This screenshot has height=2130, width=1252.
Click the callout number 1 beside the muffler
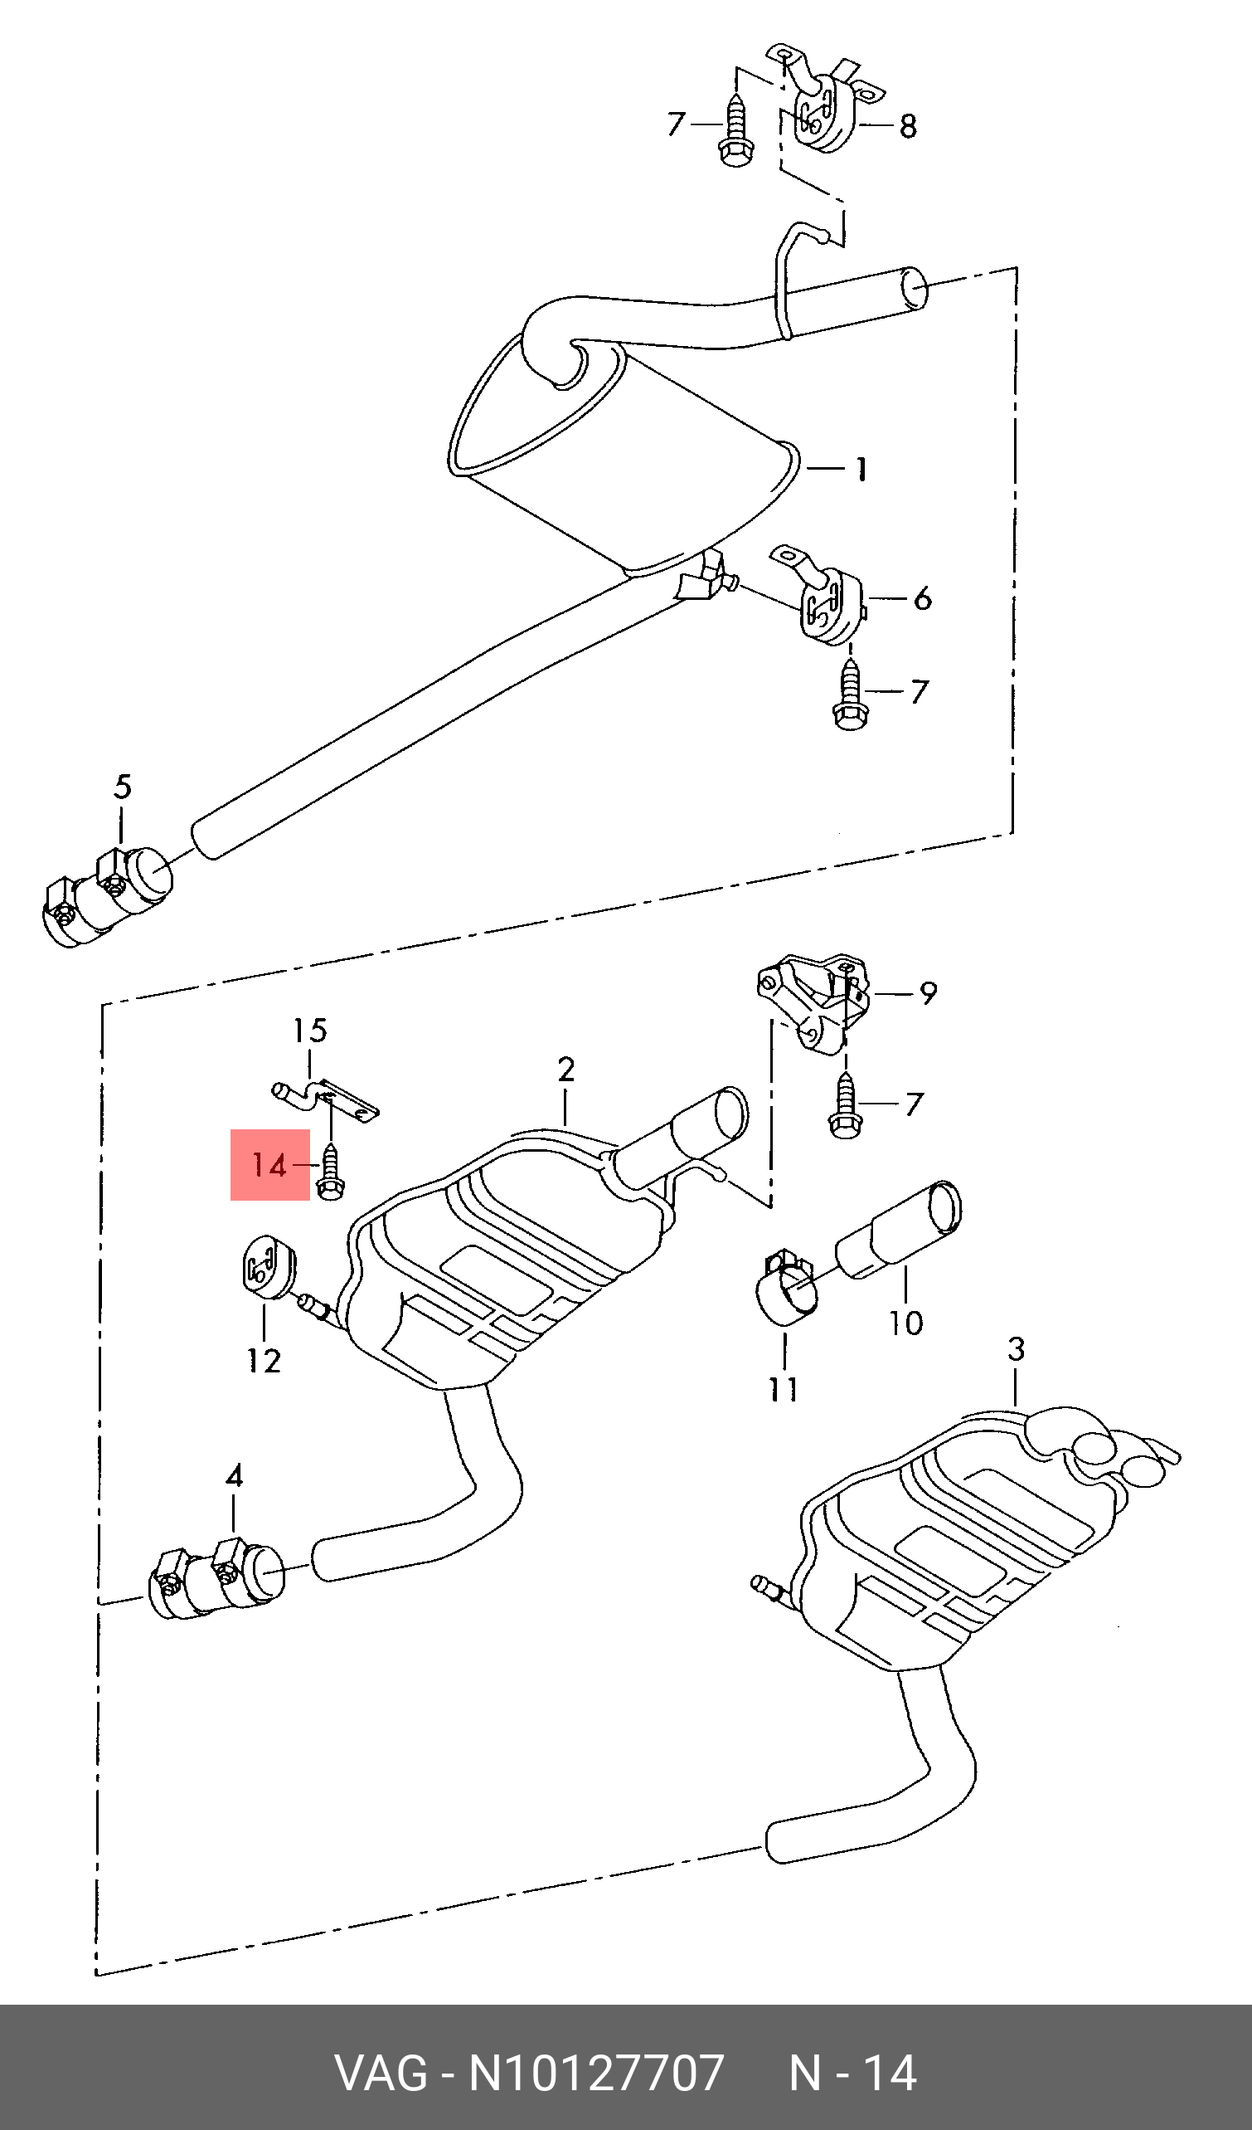861,468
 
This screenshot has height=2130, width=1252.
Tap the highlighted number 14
269,1166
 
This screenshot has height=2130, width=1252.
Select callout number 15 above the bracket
310,1031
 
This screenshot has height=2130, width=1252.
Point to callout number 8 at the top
907,126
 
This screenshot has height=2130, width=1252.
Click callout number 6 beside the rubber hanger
923,598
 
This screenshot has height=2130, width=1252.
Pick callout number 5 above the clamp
123,787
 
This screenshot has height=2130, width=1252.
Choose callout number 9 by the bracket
929,993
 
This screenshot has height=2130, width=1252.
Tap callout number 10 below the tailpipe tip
905,1323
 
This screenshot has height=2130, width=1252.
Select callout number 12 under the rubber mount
264,1360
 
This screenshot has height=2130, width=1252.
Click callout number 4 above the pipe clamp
235,1476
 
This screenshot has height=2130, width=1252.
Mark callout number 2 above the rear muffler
566,1070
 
